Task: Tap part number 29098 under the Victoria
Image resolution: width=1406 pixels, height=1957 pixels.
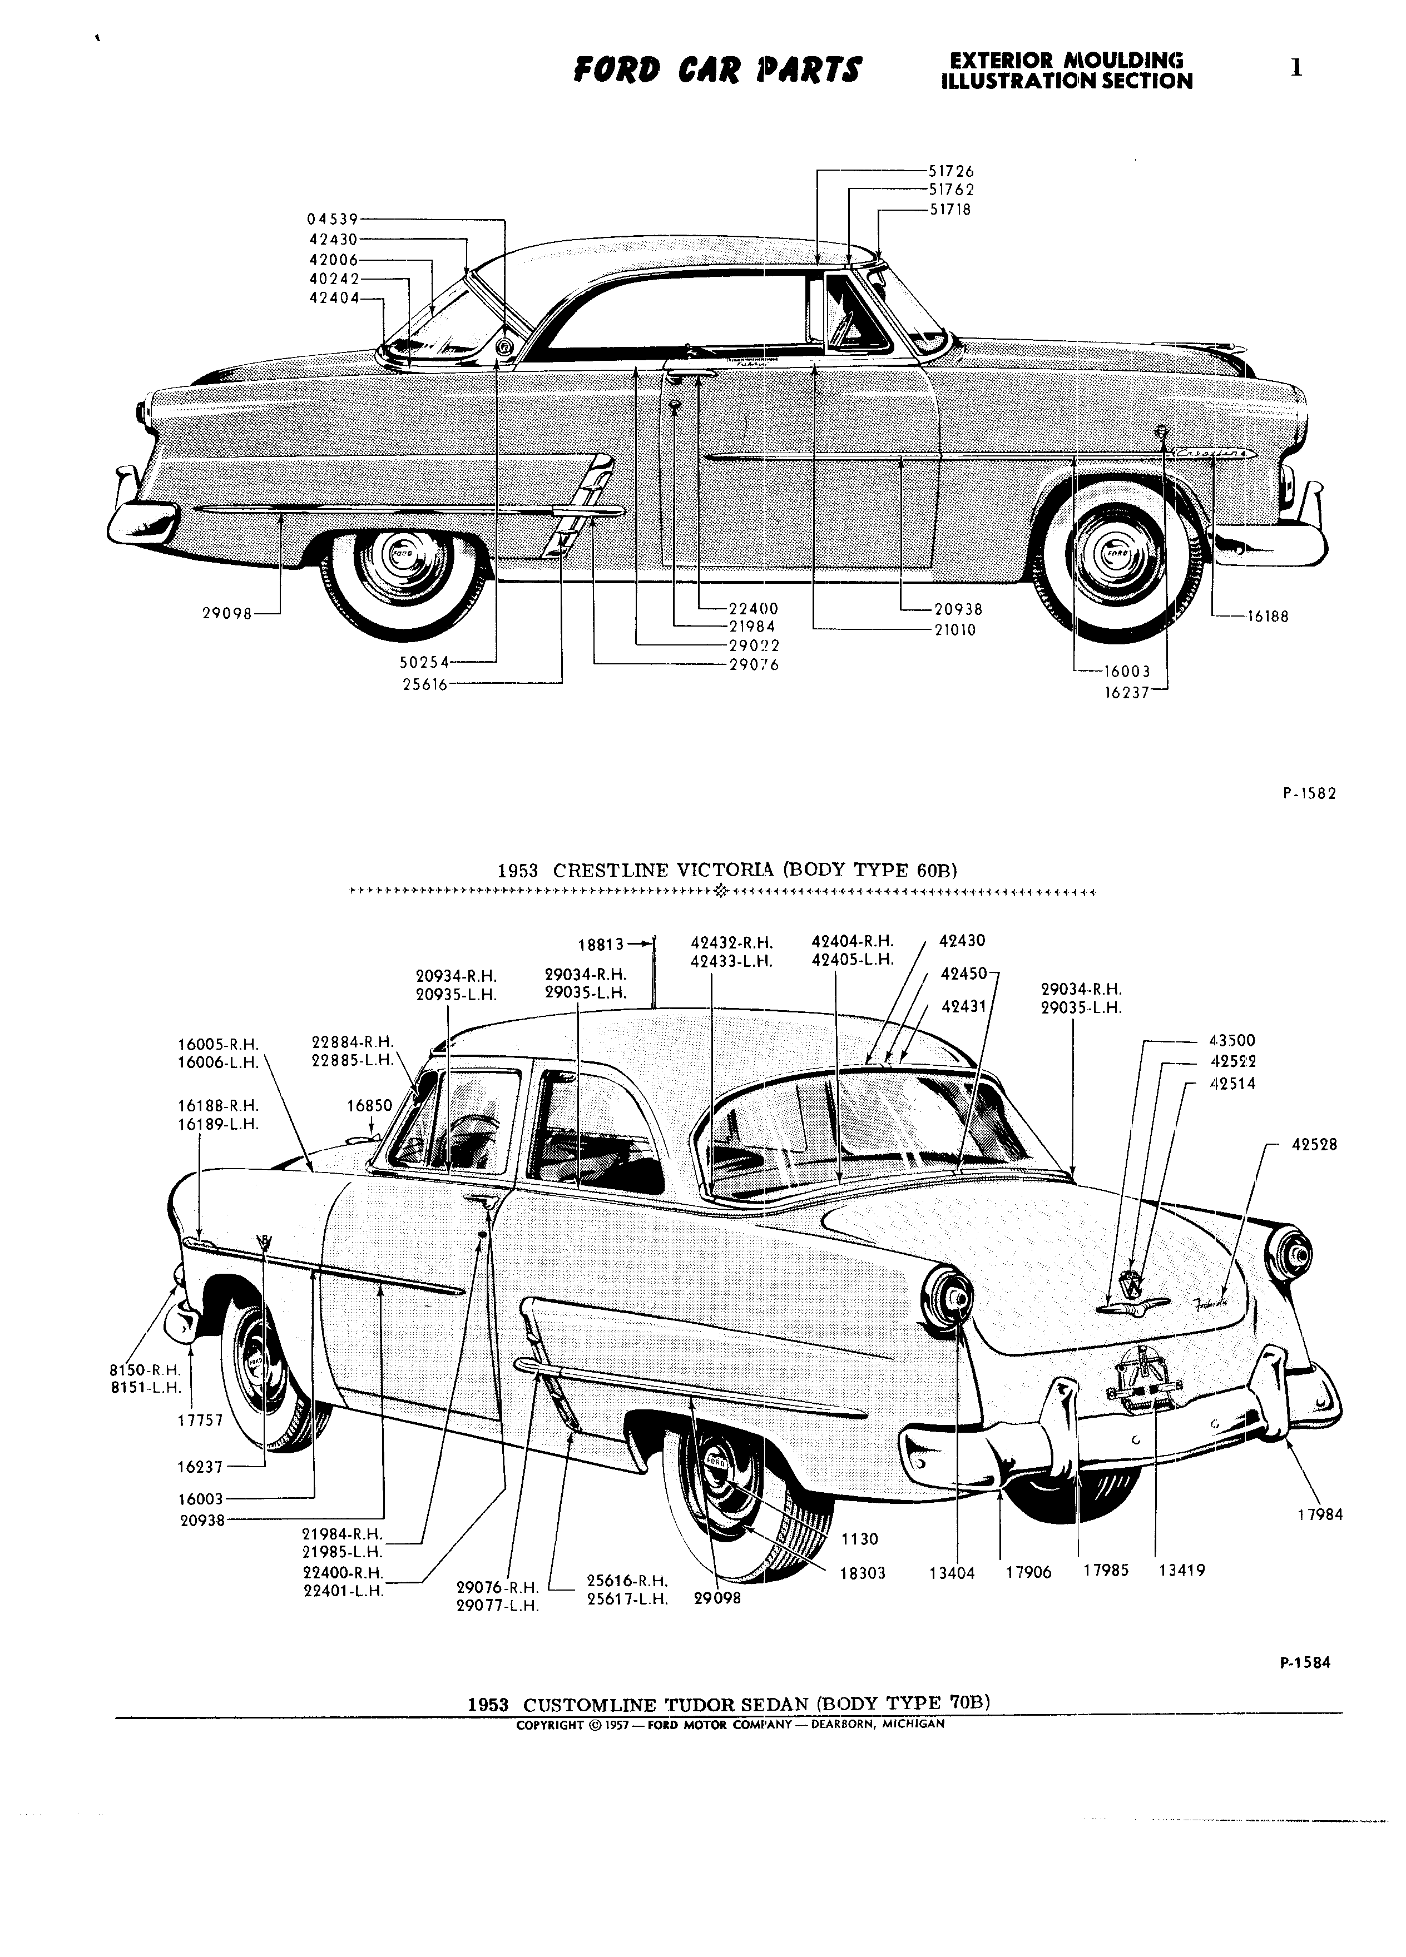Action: tap(227, 613)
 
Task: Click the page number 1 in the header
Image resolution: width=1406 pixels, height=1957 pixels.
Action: tap(1295, 68)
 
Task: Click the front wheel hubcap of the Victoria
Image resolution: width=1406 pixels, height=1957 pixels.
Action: tap(402, 557)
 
